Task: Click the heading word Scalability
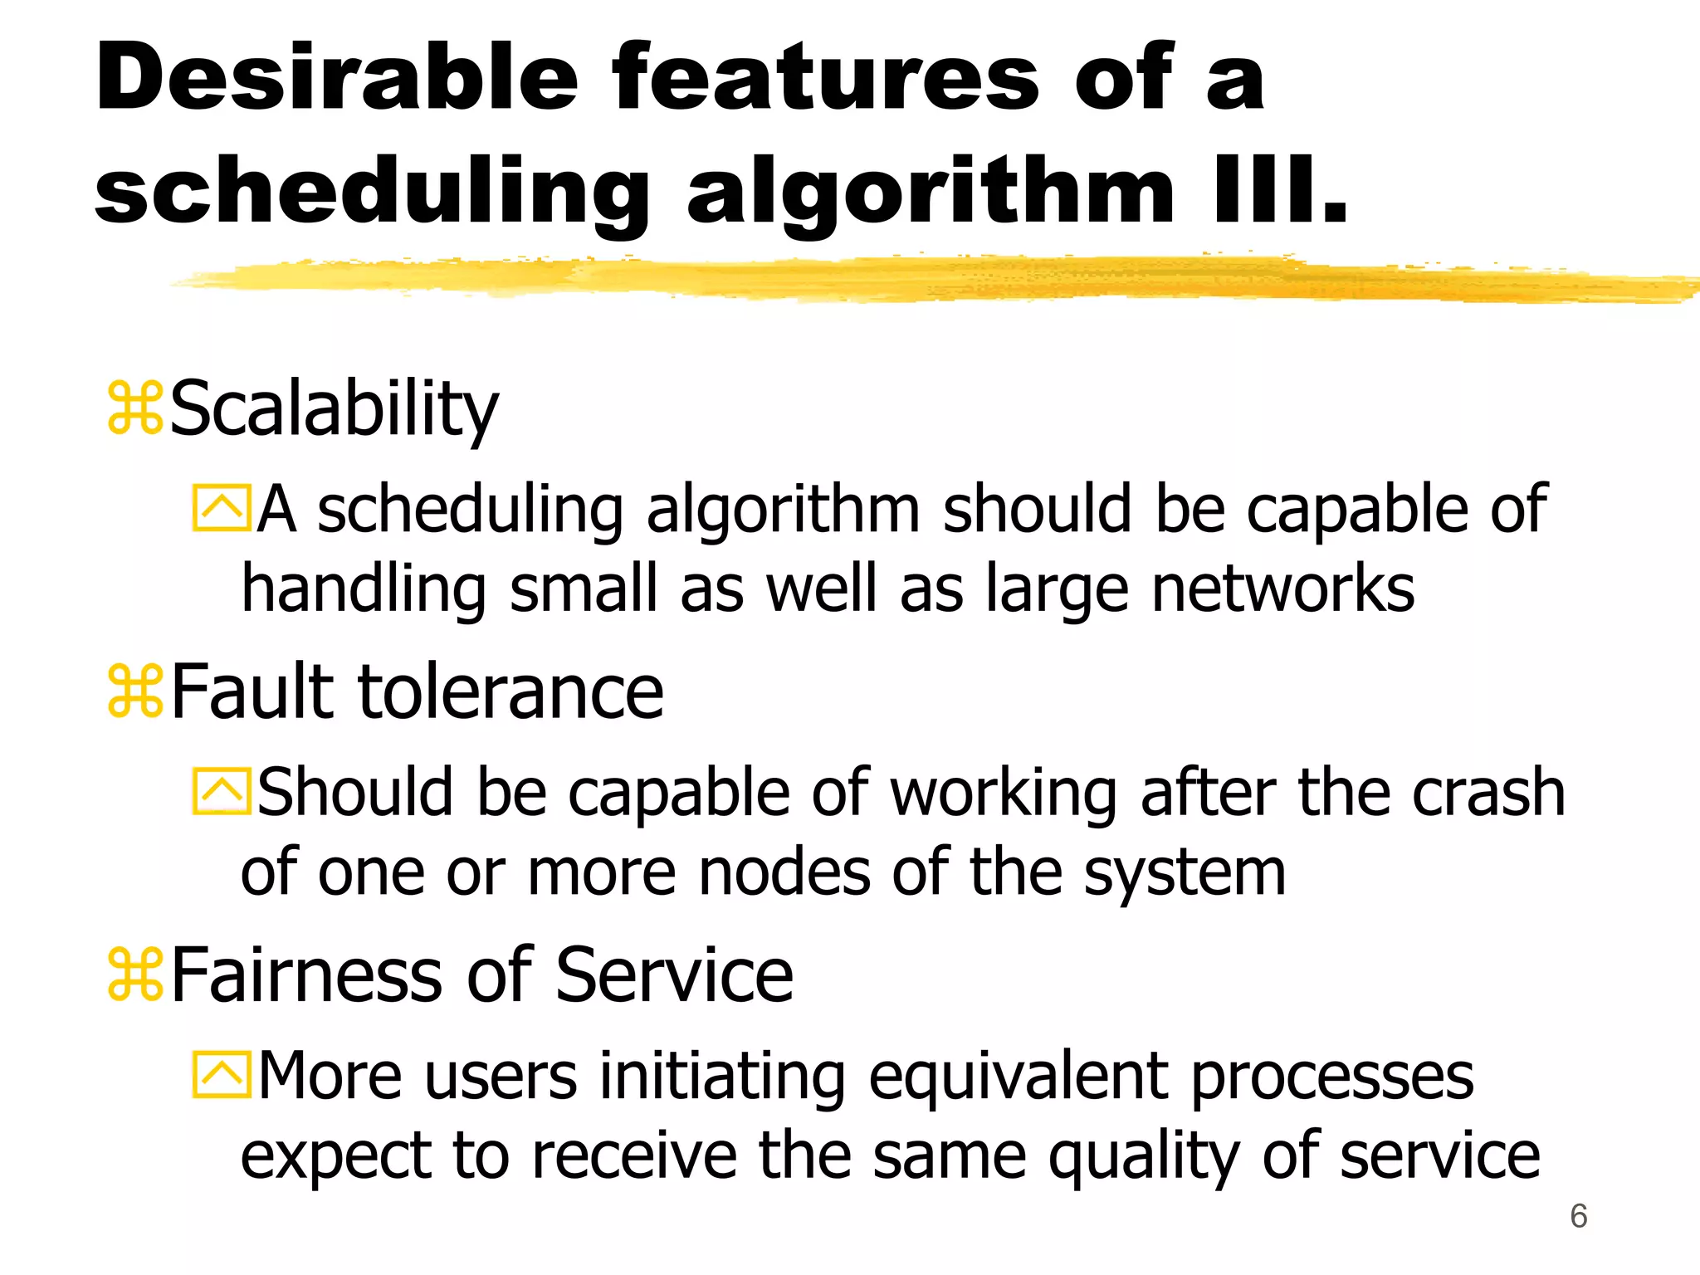click(334, 408)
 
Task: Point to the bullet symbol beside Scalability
click(134, 408)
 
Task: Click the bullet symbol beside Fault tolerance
click(134, 692)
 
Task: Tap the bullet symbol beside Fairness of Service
click(134, 975)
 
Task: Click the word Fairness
click(307, 975)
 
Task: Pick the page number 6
click(1578, 1216)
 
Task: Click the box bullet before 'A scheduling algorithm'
click(221, 508)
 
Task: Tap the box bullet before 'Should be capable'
click(221, 792)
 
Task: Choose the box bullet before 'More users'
click(221, 1075)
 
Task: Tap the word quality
click(1143, 1156)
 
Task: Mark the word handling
click(364, 589)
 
